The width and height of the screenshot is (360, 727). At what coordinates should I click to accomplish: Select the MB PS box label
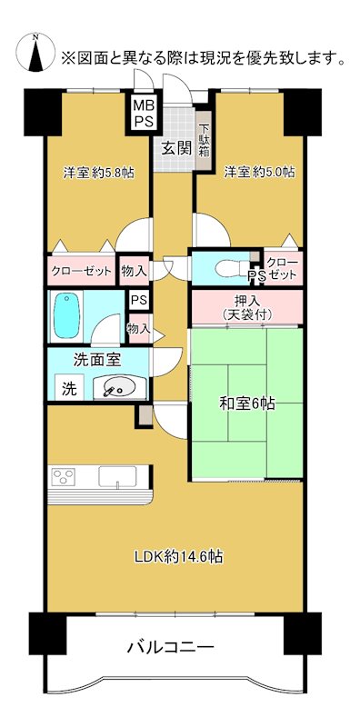click(x=144, y=113)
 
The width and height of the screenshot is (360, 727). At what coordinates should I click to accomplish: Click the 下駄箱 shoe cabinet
click(x=205, y=139)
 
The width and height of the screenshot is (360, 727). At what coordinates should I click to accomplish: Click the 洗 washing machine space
click(x=69, y=388)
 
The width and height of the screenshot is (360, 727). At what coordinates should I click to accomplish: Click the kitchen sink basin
click(x=116, y=477)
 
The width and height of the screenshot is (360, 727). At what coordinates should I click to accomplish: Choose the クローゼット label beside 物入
click(x=82, y=271)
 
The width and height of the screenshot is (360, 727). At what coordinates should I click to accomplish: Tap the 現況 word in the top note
click(x=206, y=59)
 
